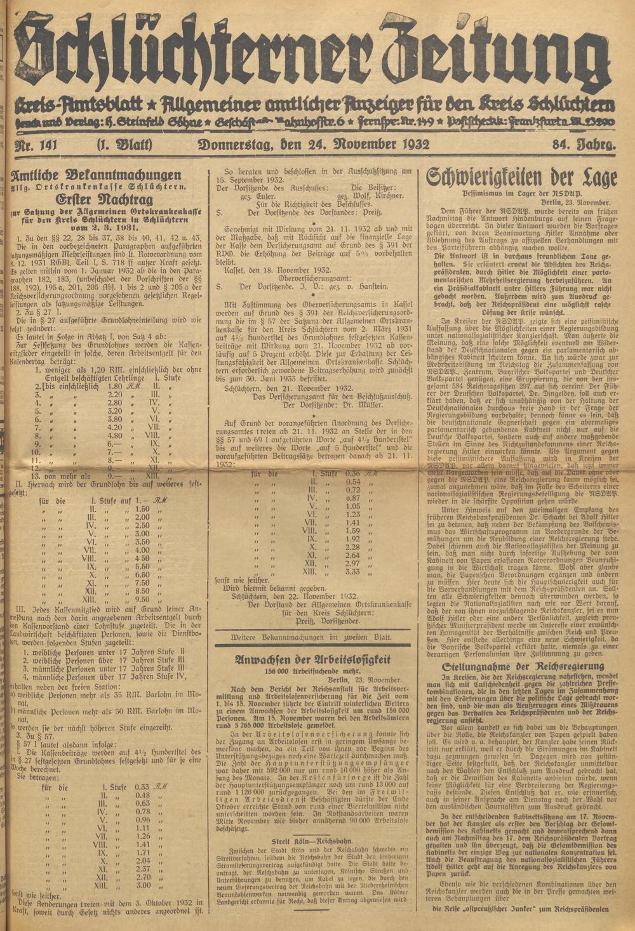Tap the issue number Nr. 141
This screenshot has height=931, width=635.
36,145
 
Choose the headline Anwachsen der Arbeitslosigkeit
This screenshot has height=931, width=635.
312,659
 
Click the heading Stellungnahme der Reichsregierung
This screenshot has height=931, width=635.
522,666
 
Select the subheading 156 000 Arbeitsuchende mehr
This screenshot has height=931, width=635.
312,670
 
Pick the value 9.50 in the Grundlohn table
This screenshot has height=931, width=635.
142,598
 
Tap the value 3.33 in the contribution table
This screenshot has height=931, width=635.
353,571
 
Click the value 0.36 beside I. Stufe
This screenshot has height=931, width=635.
353,473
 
